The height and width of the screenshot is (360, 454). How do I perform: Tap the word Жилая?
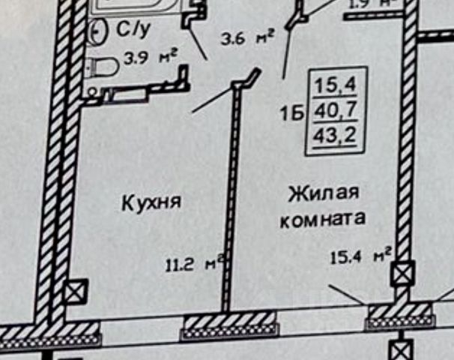tap(323, 193)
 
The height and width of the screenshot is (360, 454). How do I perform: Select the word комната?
tap(323, 219)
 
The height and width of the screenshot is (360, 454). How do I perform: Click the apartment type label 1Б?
tap(291, 115)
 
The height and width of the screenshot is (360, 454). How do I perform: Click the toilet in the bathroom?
tap(103, 70)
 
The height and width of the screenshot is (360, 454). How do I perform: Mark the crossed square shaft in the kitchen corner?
tap(76, 290)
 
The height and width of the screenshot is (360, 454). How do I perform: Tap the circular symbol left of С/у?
tap(97, 31)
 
